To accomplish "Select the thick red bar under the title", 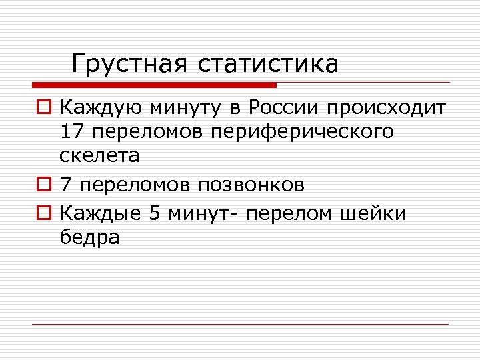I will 154,85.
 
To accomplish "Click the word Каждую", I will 100,107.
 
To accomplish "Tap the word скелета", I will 100,156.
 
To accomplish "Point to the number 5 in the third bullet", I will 155,213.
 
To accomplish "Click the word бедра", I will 89,238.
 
